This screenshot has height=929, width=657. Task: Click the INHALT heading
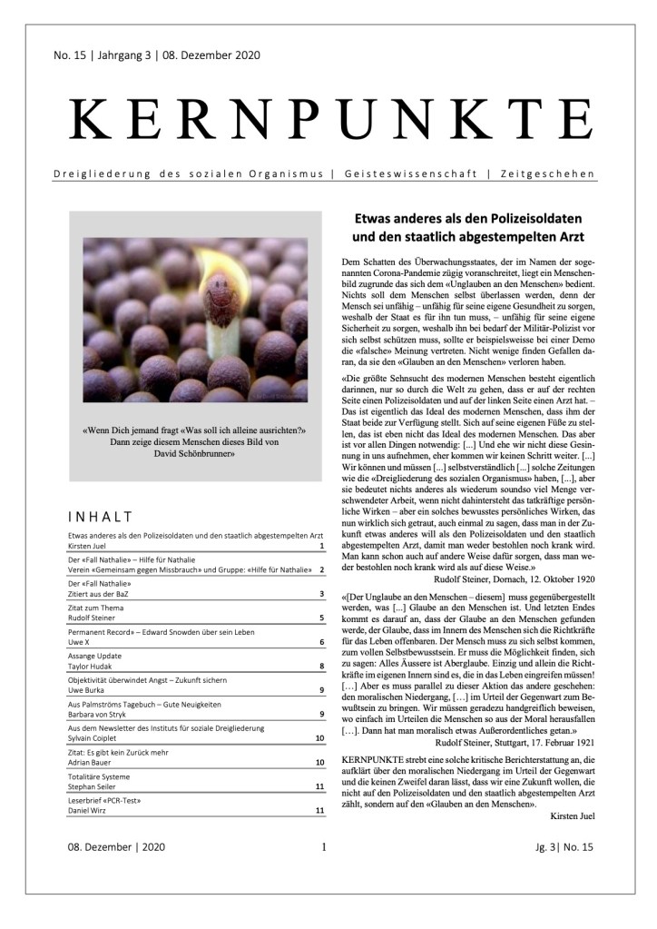99,517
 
